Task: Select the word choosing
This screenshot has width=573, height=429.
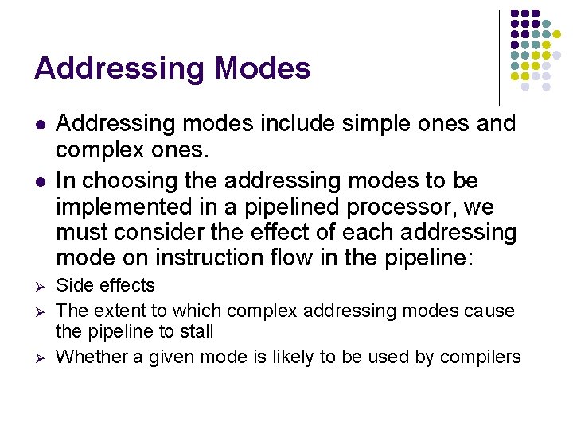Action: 131,181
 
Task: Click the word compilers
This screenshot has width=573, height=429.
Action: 482,357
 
